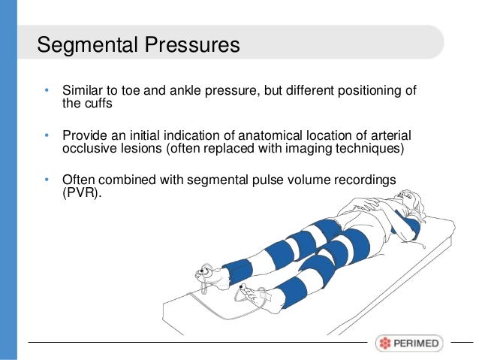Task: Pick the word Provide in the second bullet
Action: click(85, 135)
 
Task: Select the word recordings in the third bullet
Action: click(373, 180)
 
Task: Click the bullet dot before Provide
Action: click(47, 136)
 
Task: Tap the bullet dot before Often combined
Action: click(47, 180)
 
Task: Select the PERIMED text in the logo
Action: click(417, 343)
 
